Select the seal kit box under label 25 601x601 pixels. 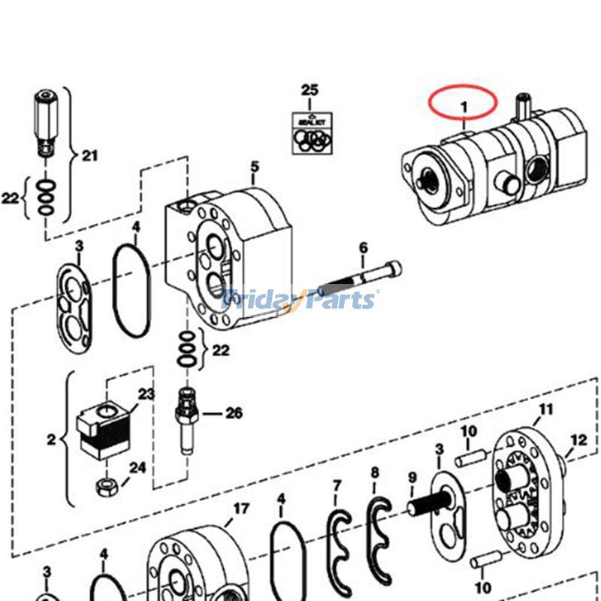[310, 132]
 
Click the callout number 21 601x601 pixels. [90, 156]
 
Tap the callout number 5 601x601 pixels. [254, 166]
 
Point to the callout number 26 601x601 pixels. [234, 412]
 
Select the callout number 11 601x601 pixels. [546, 409]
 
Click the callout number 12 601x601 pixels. [578, 439]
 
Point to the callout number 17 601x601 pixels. [240, 509]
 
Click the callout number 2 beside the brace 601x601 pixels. [51, 439]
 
